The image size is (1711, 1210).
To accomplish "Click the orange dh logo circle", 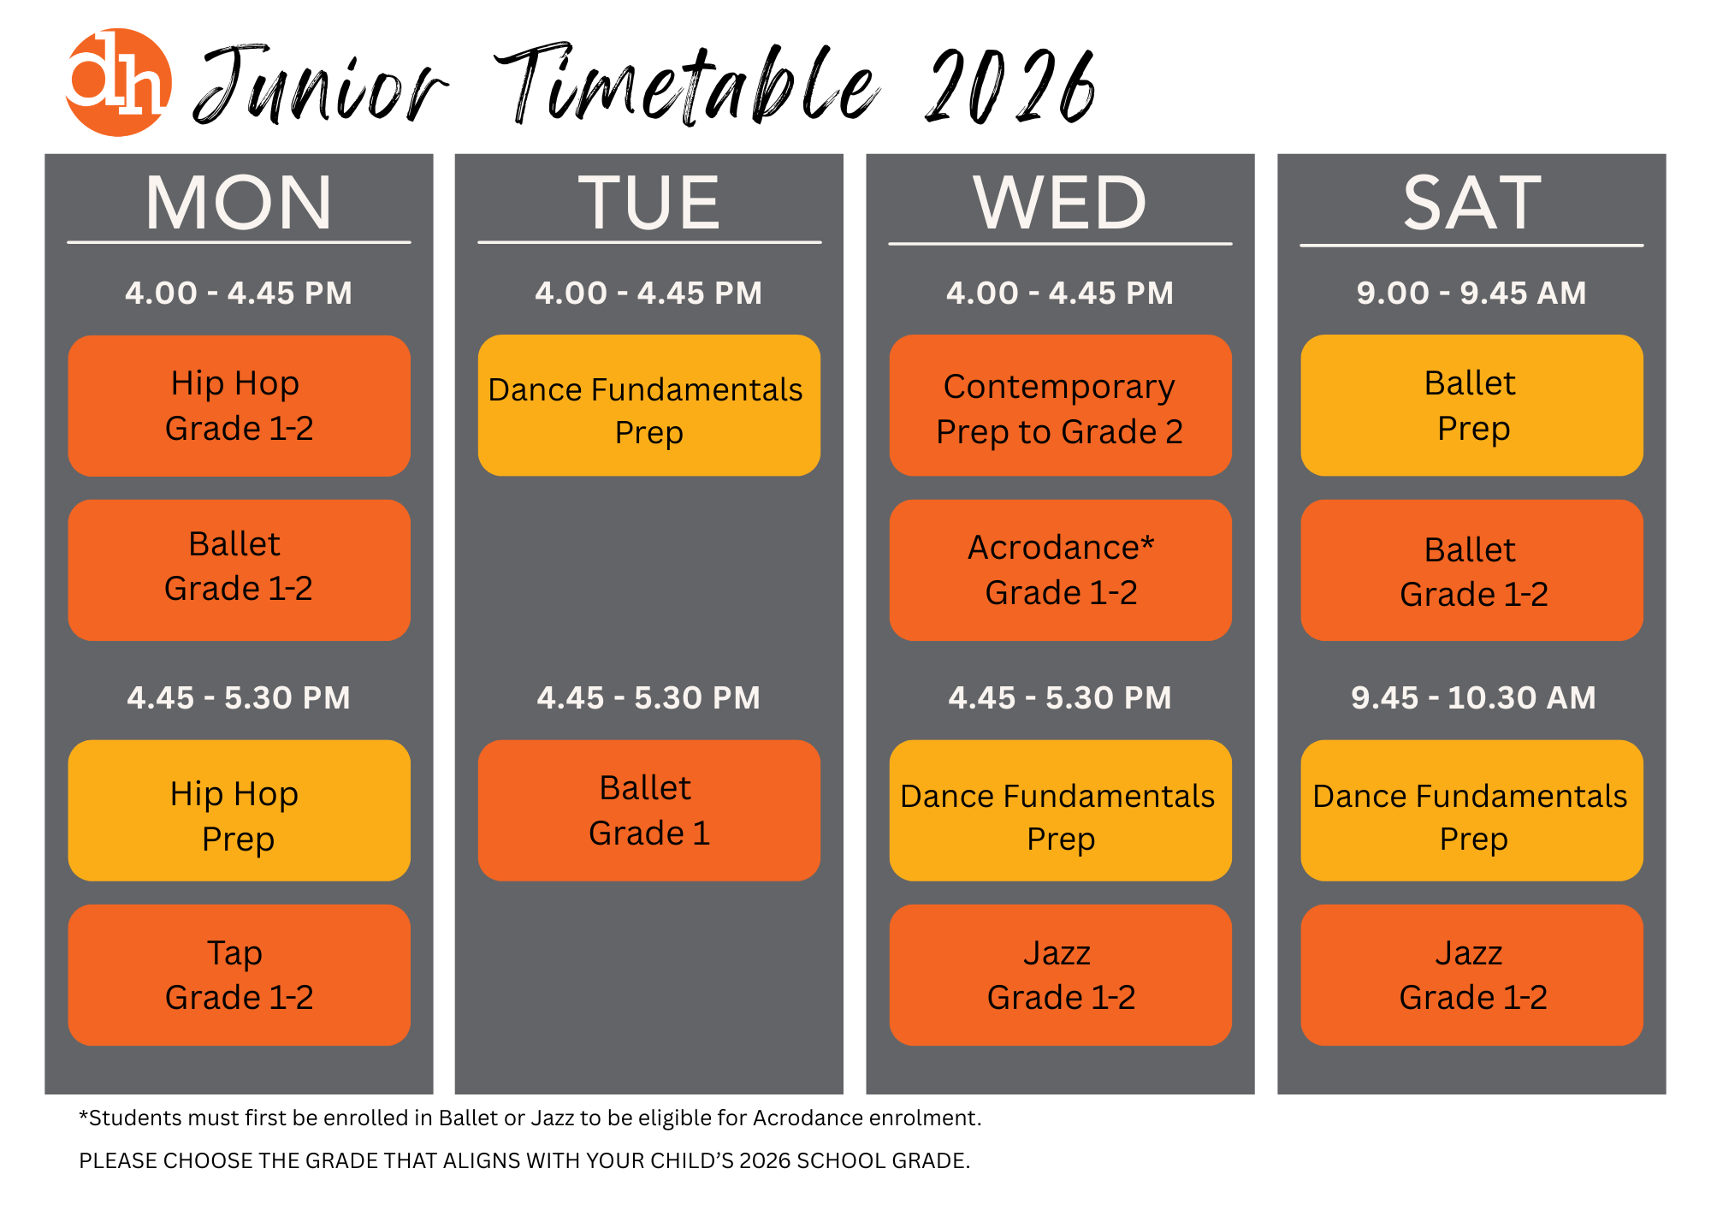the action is tap(119, 82).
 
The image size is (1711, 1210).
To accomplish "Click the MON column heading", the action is tap(239, 203).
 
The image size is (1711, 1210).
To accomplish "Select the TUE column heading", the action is tap(649, 203).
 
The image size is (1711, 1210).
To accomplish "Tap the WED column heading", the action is tap(1060, 203).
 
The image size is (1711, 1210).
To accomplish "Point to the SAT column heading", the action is tap(1471, 203).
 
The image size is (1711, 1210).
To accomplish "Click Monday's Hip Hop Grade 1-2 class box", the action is tap(240, 406).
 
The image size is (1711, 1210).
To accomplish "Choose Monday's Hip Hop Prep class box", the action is tap(240, 810).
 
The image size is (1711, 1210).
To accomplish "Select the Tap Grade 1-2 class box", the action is tap(240, 975).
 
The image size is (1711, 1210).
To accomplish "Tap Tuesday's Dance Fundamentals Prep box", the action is tap(649, 406).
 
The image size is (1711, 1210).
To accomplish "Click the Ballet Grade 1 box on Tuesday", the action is tap(649, 810).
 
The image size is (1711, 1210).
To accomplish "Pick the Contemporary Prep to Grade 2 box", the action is tap(1061, 406).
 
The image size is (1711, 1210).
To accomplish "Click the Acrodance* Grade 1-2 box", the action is tap(1061, 570).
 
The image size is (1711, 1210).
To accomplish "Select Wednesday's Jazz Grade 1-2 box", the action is tap(1061, 975).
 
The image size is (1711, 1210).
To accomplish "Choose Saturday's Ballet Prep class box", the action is tap(1472, 406).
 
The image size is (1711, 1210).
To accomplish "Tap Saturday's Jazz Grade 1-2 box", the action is tap(1472, 975).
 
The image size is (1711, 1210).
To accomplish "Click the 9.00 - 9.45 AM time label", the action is tap(1471, 293).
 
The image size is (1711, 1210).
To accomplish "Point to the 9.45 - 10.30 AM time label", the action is tap(1473, 697).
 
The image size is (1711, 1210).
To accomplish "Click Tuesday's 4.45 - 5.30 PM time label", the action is tap(648, 697).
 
